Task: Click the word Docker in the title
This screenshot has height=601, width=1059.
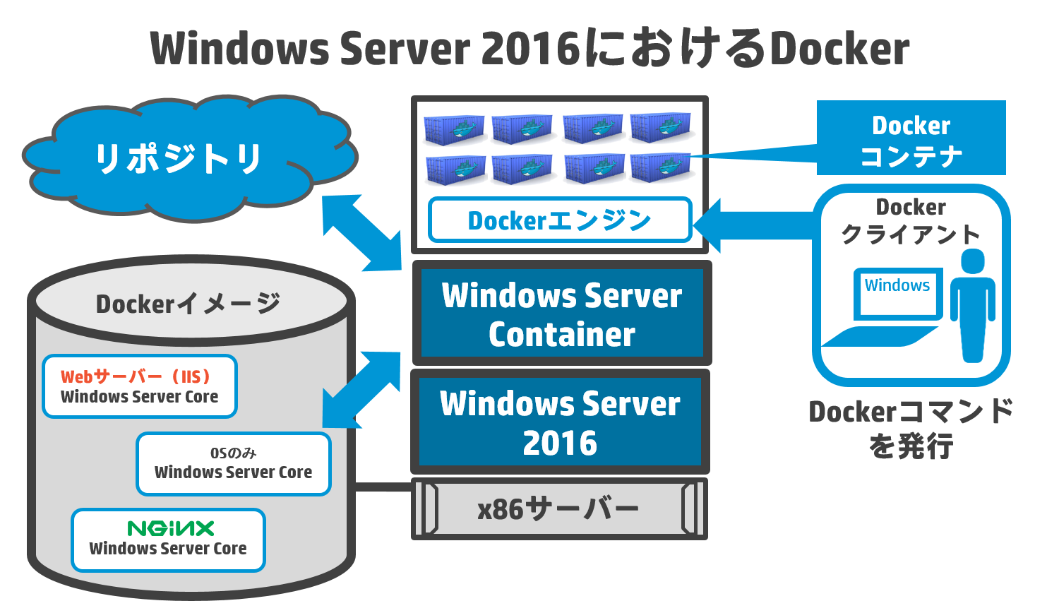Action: [x=839, y=48]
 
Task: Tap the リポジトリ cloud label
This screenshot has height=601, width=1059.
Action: [x=178, y=158]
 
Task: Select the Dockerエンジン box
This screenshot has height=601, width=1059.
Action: [x=560, y=220]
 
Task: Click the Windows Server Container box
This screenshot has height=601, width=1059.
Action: [x=562, y=313]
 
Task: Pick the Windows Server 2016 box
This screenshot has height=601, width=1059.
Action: [x=561, y=422]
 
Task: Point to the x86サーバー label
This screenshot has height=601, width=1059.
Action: [x=558, y=510]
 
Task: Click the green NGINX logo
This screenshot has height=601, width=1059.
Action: [x=171, y=528]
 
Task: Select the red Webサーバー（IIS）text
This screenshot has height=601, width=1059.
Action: [x=136, y=377]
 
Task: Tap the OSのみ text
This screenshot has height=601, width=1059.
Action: [x=233, y=453]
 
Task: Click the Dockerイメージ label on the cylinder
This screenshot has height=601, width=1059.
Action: [x=189, y=304]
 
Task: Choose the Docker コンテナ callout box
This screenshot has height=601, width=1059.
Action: [x=911, y=138]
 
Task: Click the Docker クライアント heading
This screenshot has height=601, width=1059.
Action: [x=911, y=221]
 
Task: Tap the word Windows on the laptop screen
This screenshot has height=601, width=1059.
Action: [x=897, y=285]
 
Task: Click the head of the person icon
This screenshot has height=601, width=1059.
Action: [x=973, y=261]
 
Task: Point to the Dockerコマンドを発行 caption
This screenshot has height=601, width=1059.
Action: [x=911, y=429]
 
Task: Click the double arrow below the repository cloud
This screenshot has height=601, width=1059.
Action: [x=361, y=232]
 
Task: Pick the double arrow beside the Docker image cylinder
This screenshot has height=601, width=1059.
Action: [x=361, y=390]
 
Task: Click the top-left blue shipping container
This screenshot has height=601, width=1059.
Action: [x=454, y=129]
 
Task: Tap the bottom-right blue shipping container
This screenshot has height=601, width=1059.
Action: [x=660, y=168]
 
